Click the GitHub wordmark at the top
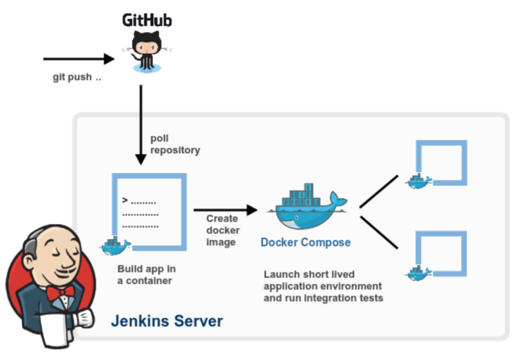pyautogui.click(x=147, y=19)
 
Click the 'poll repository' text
pyautogui.click(x=175, y=144)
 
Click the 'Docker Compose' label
pyautogui.click(x=306, y=242)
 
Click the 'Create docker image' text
pyautogui.click(x=222, y=230)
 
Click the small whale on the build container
pyautogui.click(x=115, y=245)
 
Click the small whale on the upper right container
pyautogui.click(x=418, y=181)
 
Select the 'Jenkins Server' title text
pyautogui.click(x=167, y=321)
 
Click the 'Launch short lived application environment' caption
pyautogui.click(x=323, y=286)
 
